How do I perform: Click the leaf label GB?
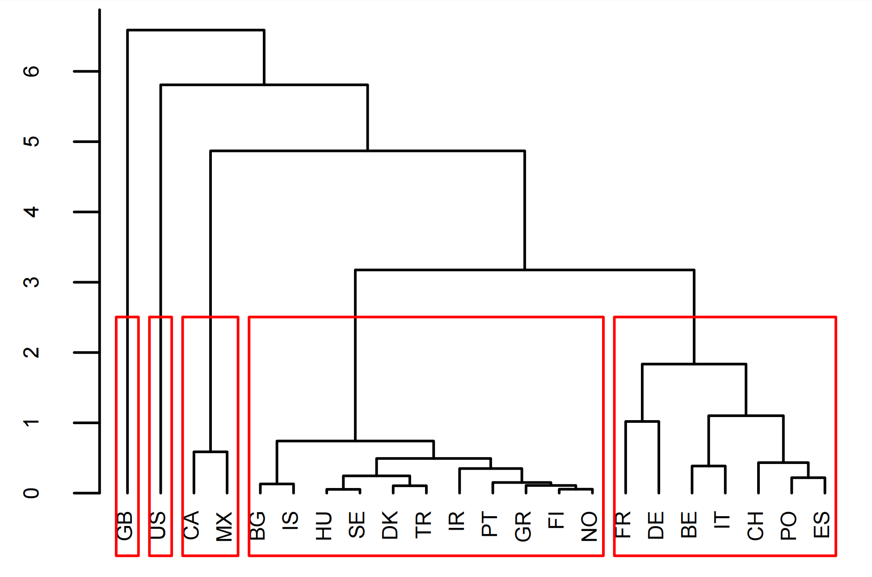click(125, 526)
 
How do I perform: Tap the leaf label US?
click(158, 526)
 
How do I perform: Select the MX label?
click(224, 526)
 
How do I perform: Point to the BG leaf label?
click(257, 526)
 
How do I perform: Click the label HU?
click(324, 526)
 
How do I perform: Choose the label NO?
click(589, 526)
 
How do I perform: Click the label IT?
click(722, 521)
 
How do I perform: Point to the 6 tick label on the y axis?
click(31, 71)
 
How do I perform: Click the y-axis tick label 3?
click(31, 282)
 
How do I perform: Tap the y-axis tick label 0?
click(31, 493)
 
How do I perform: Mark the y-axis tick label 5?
click(31, 142)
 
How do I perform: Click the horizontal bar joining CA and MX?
click(211, 452)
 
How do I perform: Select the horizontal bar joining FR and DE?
click(642, 421)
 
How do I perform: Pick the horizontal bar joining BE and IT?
click(708, 466)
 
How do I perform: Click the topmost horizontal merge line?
click(196, 30)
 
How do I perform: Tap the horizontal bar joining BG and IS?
click(277, 484)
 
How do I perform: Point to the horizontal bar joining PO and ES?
click(808, 478)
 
